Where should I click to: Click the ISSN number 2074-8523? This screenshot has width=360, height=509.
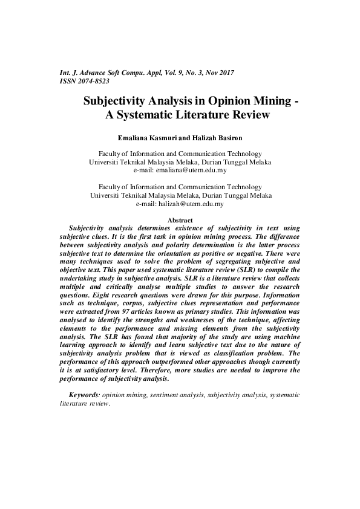(94, 80)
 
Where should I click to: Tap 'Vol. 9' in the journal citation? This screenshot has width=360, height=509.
(160, 73)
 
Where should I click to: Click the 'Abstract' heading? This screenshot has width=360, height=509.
(180, 220)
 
